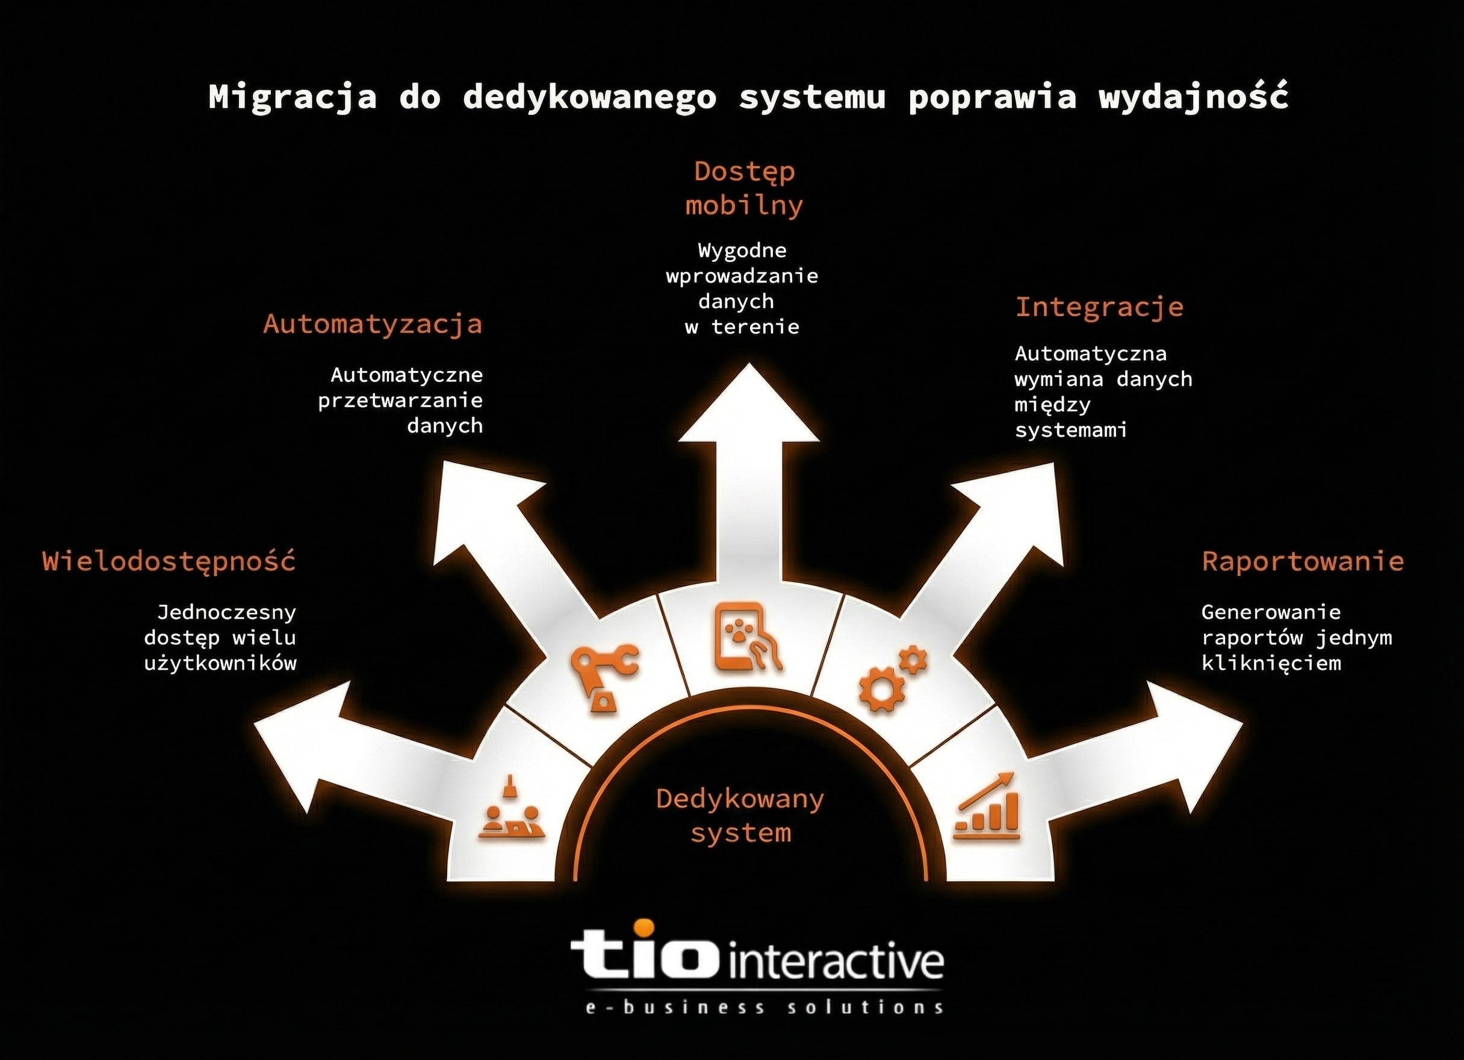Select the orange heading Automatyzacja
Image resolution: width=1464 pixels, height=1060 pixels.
(373, 323)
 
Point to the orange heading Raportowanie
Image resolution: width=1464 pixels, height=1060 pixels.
(1303, 561)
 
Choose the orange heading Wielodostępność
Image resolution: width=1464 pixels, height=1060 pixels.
(169, 561)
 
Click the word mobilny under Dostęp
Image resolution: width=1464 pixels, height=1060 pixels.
(743, 205)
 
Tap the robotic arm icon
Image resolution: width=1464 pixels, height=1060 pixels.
(603, 678)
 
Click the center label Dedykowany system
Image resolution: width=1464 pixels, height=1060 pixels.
(740, 816)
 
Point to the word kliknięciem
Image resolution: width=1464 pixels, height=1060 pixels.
(1271, 663)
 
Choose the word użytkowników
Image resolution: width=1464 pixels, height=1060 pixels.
(220, 663)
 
